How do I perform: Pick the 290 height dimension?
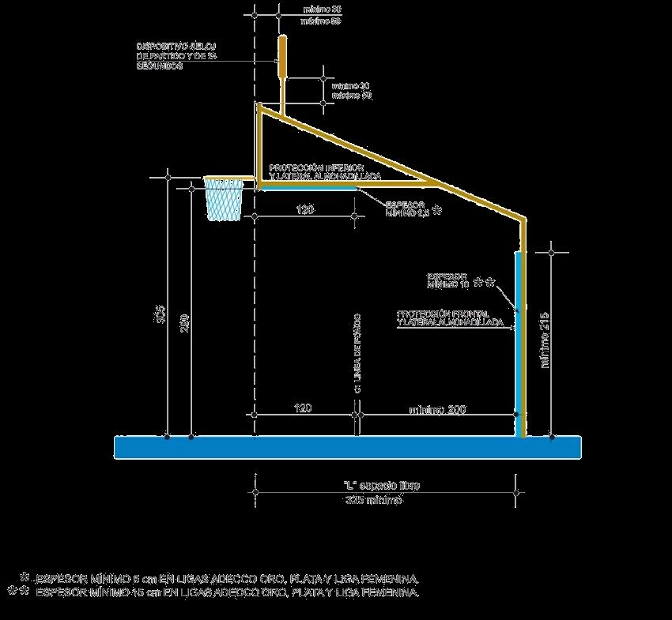[184, 324]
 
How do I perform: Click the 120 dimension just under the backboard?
[306, 210]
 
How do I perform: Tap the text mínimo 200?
[437, 410]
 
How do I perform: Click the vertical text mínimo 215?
[545, 340]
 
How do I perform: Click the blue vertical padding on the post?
[518, 340]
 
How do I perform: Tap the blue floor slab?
[348, 447]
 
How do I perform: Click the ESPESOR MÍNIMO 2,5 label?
[406, 209]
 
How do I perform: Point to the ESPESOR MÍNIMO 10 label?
[448, 279]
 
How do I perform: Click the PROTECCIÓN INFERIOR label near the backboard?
[326, 172]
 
